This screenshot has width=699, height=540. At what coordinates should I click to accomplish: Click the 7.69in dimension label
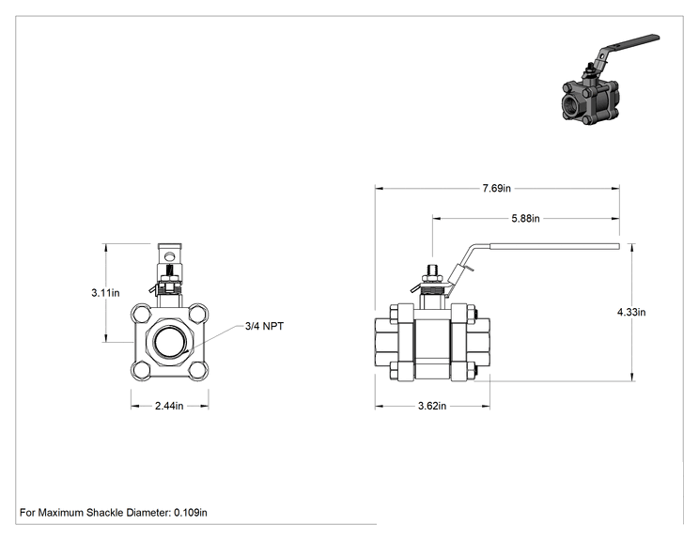[x=496, y=189]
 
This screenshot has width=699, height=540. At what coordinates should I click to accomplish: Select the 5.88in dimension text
[x=525, y=218]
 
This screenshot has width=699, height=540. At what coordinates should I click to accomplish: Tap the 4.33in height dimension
[x=631, y=312]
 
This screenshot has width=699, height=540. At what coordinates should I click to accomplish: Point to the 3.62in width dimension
[x=432, y=406]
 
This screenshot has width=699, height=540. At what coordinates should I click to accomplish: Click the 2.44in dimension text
[x=169, y=406]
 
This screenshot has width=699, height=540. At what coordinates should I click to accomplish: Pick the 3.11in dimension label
[x=105, y=293]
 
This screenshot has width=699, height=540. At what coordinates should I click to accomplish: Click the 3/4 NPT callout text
[x=264, y=326]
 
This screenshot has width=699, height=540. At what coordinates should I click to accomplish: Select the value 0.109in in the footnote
[x=191, y=513]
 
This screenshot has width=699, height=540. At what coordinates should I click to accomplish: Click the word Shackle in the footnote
[x=105, y=513]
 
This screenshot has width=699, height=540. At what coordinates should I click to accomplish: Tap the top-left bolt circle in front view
[x=142, y=314]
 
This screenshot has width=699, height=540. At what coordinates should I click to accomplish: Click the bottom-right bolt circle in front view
[x=197, y=370]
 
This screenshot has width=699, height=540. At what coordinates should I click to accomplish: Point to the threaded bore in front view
[x=170, y=342]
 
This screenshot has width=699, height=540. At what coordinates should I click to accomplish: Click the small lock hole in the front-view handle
[x=170, y=256]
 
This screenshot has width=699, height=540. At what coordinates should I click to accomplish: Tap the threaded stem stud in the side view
[x=432, y=270]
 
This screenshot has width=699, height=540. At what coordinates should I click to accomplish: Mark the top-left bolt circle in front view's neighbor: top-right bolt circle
[x=197, y=314]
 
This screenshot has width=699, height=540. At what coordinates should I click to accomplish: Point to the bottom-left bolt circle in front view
[x=142, y=370]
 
